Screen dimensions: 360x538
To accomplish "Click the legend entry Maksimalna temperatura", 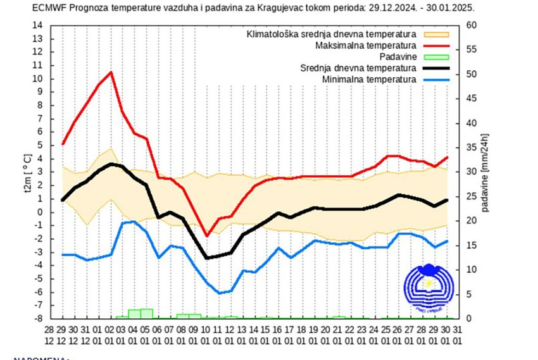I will [365, 46].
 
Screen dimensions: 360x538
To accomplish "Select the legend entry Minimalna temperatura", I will [369, 79].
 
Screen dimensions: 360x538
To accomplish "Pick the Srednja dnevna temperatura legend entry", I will [362, 68].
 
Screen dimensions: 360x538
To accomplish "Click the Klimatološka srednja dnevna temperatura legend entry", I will [331, 34].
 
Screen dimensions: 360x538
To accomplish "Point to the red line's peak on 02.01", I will [111, 72].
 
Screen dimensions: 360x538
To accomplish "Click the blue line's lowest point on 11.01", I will [218, 293].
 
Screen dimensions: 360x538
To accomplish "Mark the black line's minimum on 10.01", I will [206, 258].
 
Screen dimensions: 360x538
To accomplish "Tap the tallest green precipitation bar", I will [147, 313].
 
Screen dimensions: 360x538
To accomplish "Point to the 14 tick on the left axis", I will [37, 25].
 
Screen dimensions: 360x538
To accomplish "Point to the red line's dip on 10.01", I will [206, 236].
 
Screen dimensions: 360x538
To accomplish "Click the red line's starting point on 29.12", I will [63, 145].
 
